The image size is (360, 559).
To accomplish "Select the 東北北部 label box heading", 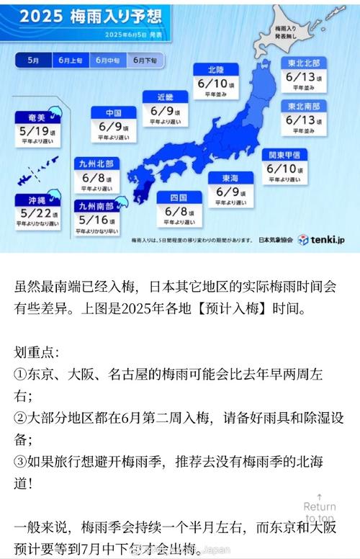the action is pos(303,63).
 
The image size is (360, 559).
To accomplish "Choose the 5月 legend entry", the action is pos(33,61).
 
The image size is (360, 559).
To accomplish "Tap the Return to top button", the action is pos(320,511).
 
